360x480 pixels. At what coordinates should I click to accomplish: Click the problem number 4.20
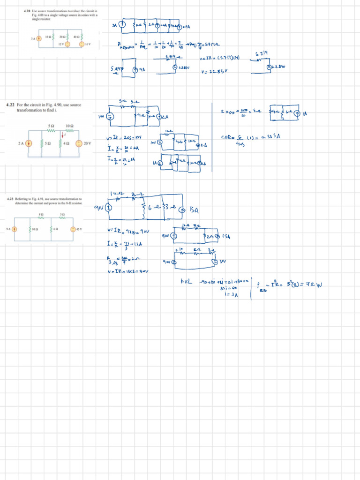[x=27, y=9]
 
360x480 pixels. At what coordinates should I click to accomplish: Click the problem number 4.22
[x=11, y=105]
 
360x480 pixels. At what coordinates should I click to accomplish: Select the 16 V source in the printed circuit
[x=82, y=44]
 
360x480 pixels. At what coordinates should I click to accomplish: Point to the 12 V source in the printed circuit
[x=67, y=44]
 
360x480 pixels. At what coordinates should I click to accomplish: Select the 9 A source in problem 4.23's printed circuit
[x=15, y=229]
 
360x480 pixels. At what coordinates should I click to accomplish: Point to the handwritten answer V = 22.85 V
[x=213, y=72]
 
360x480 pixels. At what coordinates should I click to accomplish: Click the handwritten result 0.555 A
[x=265, y=137]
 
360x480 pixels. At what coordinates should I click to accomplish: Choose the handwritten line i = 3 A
[x=231, y=294]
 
